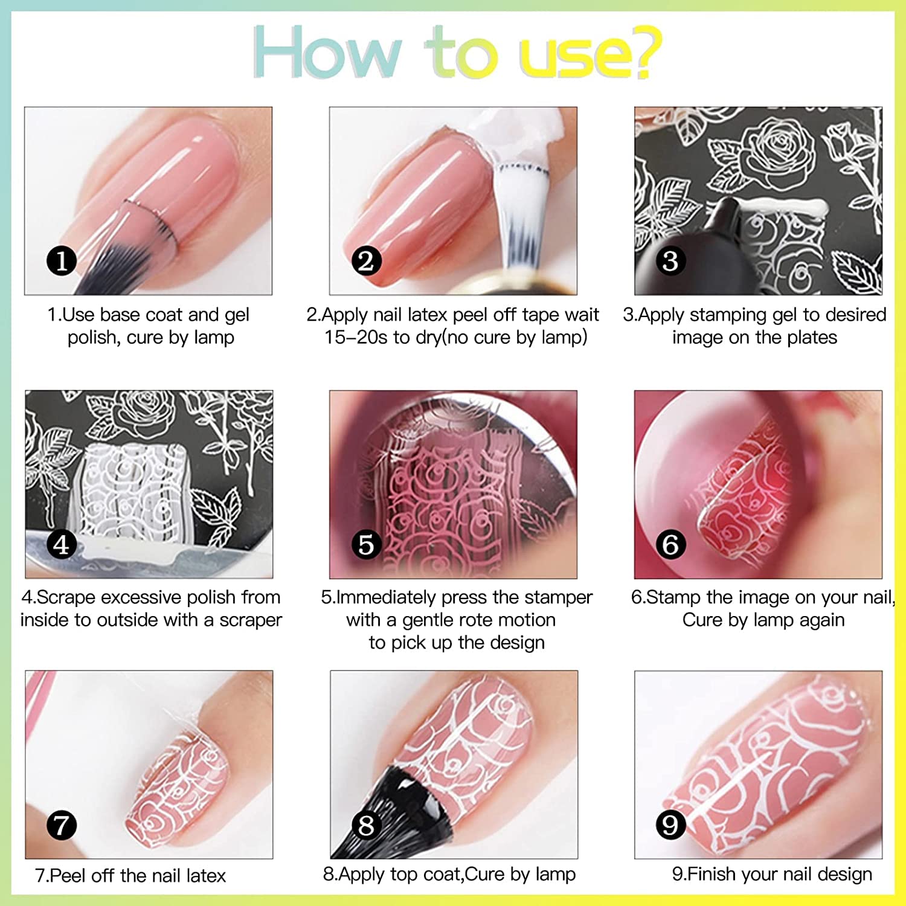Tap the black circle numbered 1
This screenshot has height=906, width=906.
click(x=62, y=262)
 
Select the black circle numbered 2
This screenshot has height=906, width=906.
click(x=367, y=262)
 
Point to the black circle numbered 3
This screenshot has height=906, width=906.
click(x=670, y=262)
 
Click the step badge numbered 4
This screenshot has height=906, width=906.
click(x=62, y=545)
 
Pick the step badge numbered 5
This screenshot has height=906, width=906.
click(x=367, y=545)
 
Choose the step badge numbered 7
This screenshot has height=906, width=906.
click(x=62, y=826)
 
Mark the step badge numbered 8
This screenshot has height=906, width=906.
click(x=367, y=826)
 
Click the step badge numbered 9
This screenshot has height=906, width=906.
click(x=670, y=826)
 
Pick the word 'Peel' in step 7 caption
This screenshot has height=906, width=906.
click(x=68, y=876)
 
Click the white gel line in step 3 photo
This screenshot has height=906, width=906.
click(x=785, y=207)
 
